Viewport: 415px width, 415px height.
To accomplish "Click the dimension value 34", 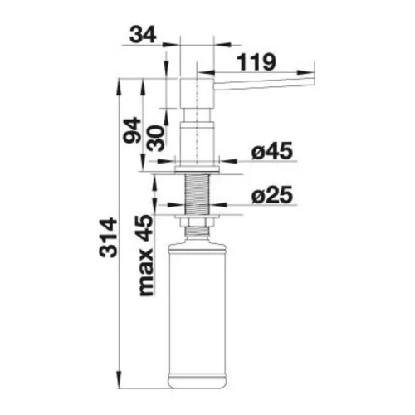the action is [143, 36].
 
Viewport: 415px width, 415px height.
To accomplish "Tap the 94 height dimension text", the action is [132, 130].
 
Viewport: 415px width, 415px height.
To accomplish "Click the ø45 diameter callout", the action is [272, 151].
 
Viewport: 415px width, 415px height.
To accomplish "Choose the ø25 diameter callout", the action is [272, 195].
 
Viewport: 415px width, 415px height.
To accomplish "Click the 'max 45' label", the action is [146, 256].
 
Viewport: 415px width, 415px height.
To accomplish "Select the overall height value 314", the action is [109, 237].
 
